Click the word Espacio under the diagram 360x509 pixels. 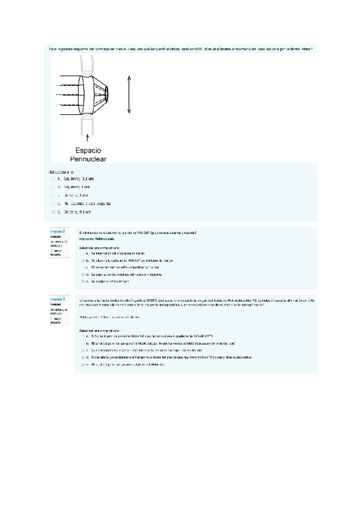pyautogui.click(x=88, y=149)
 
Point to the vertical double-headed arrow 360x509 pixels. pyautogui.click(x=129, y=93)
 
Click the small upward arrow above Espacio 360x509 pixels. pyautogui.click(x=88, y=136)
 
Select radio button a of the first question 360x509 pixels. pyautogui.click(x=53, y=178)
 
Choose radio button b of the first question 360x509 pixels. pyautogui.click(x=53, y=187)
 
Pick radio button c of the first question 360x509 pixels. pyautogui.click(x=53, y=195)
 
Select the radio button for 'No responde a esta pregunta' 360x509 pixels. pyautogui.click(x=53, y=203)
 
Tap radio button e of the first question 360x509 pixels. pyautogui.click(x=53, y=212)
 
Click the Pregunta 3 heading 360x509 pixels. pyautogui.click(x=58, y=298)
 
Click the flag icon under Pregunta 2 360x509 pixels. pyautogui.click(x=52, y=250)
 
